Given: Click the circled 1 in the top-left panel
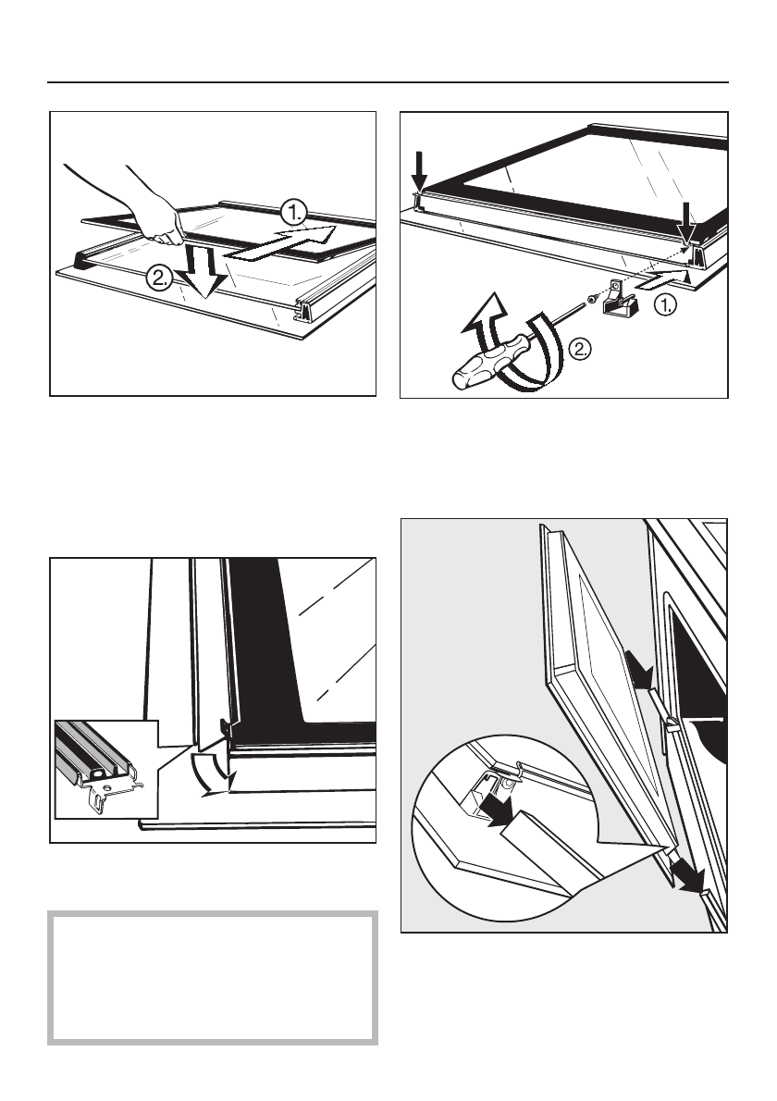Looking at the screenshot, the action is coord(294,211).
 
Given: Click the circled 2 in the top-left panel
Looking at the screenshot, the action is coord(159,278).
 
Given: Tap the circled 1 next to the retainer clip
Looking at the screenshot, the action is coord(668,305).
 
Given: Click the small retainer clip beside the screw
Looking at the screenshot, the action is coord(620,300).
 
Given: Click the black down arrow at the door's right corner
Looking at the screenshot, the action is coord(685,221).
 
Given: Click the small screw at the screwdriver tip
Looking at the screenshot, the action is coord(592,298).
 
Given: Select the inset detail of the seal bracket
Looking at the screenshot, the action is coord(106,769).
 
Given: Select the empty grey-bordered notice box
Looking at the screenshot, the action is coord(213,977).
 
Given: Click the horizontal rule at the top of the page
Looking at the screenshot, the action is coord(388,83).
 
